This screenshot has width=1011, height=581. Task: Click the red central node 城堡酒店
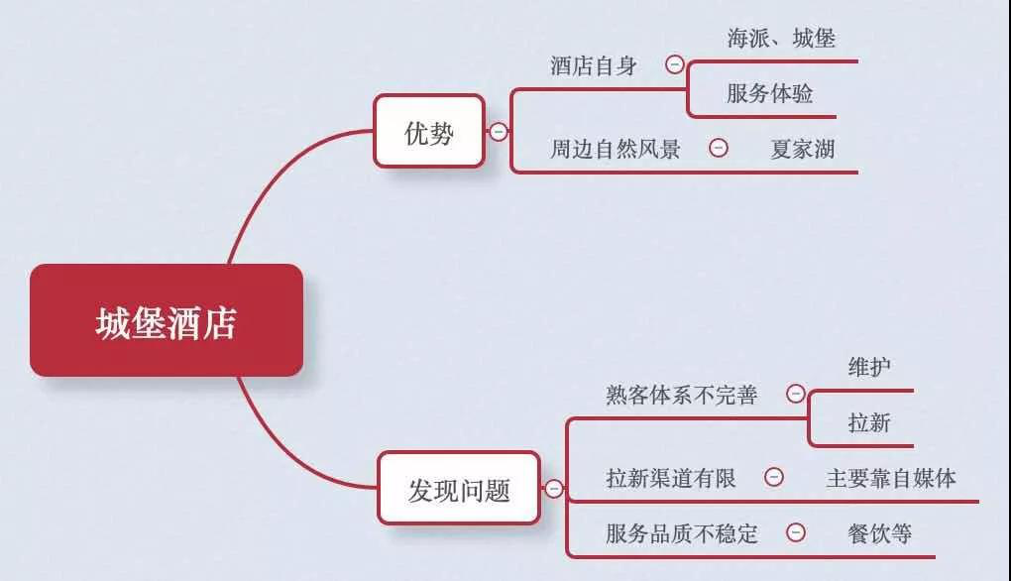(167, 320)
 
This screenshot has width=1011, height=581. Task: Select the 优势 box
(429, 132)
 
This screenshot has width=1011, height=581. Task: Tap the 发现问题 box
(459, 488)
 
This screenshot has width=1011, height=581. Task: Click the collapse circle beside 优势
(498, 132)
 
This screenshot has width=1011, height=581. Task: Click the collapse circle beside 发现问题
(554, 489)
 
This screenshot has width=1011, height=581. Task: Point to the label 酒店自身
(594, 65)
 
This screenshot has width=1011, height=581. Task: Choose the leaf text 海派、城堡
(781, 39)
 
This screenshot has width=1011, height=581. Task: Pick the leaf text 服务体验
(770, 93)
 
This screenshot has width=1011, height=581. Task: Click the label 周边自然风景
(616, 149)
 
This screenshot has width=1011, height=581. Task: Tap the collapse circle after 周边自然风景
(719, 149)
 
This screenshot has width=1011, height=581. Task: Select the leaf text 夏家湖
(803, 150)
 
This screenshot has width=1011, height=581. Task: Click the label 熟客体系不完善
(682, 395)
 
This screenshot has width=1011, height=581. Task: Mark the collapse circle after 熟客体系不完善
(796, 394)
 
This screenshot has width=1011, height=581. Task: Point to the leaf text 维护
(869, 367)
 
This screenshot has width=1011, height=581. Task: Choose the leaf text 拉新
(869, 423)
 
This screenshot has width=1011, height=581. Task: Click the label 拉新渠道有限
(671, 479)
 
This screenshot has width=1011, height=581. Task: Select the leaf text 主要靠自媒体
(891, 479)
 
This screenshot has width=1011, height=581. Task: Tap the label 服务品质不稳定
(682, 534)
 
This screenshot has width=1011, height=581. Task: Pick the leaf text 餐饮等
(880, 534)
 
